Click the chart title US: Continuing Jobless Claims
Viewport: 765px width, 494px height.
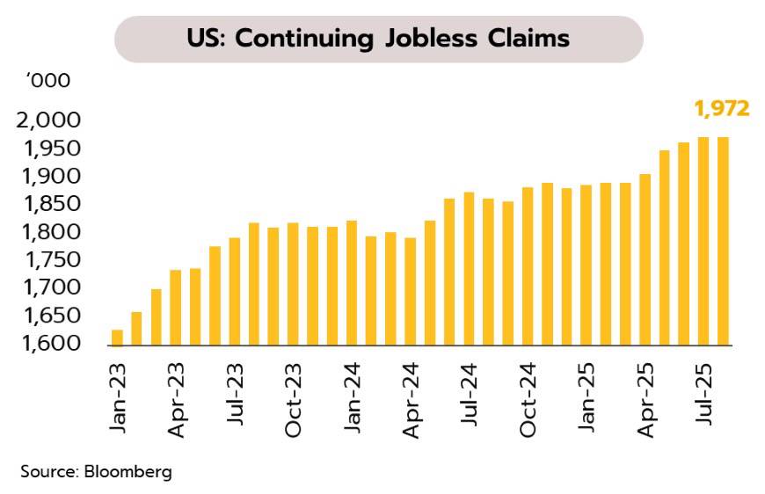[378, 40]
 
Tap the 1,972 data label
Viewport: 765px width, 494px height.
[721, 109]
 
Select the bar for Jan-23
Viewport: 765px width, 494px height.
[117, 338]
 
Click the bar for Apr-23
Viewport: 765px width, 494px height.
[176, 308]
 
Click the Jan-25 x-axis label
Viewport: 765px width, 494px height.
[586, 398]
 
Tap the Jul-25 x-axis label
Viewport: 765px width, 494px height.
[703, 396]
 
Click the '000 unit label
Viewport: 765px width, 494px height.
[47, 81]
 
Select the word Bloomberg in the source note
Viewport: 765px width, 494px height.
[128, 471]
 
